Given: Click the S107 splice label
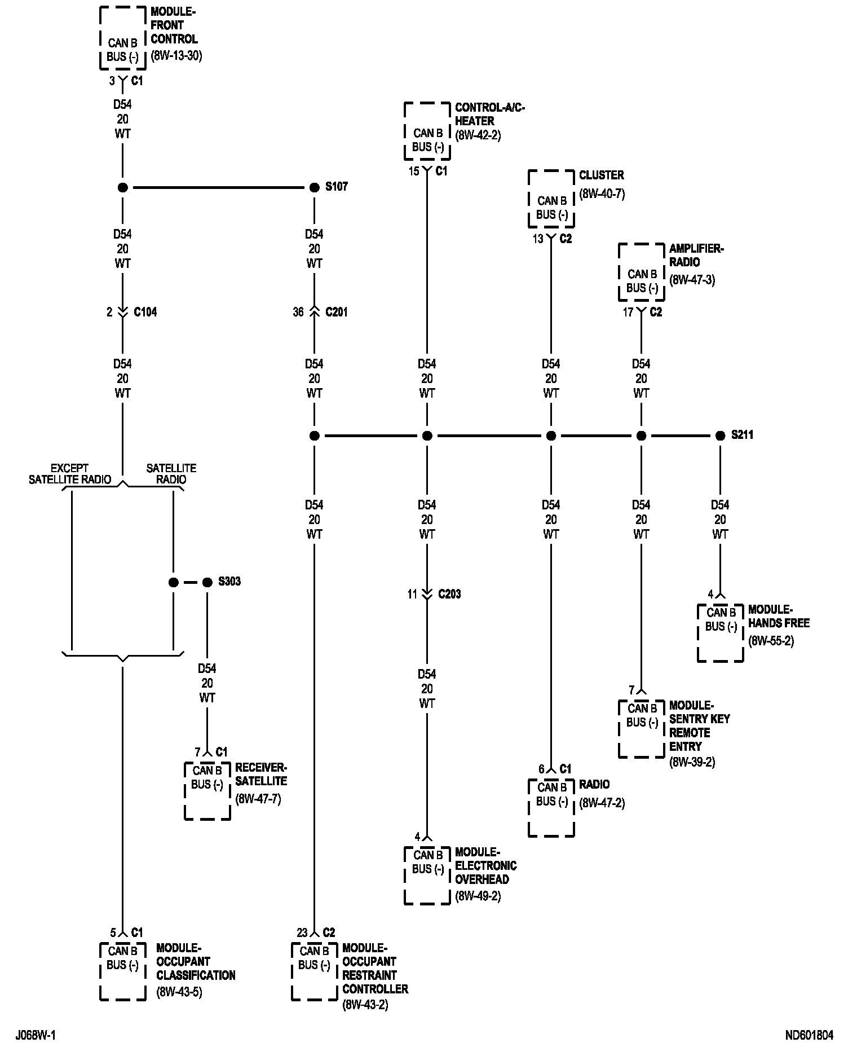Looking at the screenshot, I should pos(337,187).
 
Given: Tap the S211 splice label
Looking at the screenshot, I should pos(742,435).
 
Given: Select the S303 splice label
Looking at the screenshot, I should pos(229,581).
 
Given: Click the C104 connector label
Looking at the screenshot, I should pos(145,312).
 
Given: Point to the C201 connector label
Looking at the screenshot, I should pos(337,312).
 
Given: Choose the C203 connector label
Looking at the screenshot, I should pos(449,594).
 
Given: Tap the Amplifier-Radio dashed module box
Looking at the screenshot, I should pos(641,273).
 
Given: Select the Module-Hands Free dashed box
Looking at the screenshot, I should pos(720,633).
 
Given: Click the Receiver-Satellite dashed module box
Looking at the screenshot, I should pos(207,791).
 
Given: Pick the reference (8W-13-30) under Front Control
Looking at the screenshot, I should pos(176,56).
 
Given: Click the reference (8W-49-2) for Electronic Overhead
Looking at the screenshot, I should pos(478,896).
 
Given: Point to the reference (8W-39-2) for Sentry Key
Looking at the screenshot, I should pos(692,762).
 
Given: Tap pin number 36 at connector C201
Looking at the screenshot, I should pos(298,312).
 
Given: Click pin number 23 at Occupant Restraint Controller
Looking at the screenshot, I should pos(302,932).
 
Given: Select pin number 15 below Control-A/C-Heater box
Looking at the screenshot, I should pos(414,171).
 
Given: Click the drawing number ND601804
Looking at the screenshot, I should pos(809,1035).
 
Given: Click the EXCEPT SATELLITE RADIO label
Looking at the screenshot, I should pos(70,474).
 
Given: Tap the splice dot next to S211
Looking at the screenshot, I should pos(720,435).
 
